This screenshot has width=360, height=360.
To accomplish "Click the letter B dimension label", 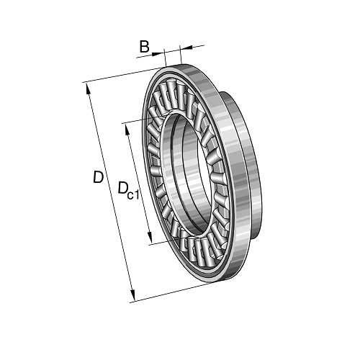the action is [x=144, y=47].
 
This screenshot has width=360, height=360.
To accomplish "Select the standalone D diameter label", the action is [x=98, y=177].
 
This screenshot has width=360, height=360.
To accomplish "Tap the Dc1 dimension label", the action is [x=128, y=191].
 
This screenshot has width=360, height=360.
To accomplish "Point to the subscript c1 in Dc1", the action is [x=132, y=195].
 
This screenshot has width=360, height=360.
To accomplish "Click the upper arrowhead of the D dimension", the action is [x=89, y=89].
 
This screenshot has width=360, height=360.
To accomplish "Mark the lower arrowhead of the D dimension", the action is [x=132, y=294].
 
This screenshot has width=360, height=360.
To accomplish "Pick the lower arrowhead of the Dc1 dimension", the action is [x=150, y=237].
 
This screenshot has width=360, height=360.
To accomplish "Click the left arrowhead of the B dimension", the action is [x=157, y=54].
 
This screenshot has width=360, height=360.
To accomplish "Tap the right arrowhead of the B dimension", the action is [x=186, y=48].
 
